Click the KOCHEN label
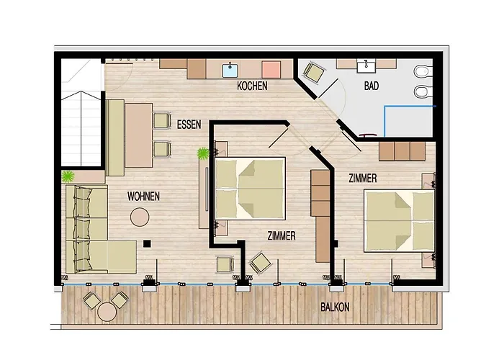[x=252, y=86]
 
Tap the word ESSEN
[x=189, y=125]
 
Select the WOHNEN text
[x=143, y=196]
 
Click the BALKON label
[x=335, y=307]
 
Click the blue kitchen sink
[x=231, y=69]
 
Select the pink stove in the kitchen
[x=271, y=69]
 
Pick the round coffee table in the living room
[x=140, y=216]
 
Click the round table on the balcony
[x=107, y=311]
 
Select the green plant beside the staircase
[x=68, y=176]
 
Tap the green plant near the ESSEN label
[x=204, y=153]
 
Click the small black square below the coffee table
[x=146, y=243]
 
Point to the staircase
[x=79, y=112]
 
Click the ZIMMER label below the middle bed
[x=281, y=235]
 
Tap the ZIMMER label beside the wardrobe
[x=363, y=176]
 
